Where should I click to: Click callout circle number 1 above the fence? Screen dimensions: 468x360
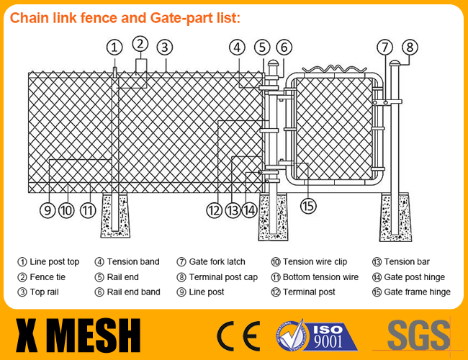(x=114, y=48)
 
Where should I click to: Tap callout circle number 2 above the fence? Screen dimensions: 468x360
(x=140, y=44)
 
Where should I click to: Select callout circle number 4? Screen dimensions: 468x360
(x=237, y=48)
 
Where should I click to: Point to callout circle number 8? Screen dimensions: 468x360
(x=410, y=48)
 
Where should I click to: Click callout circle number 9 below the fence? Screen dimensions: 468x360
(x=48, y=210)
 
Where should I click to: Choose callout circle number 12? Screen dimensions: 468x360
(x=214, y=210)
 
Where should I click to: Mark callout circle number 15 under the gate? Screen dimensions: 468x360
(x=308, y=206)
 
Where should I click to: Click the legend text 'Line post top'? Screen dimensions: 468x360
(x=54, y=262)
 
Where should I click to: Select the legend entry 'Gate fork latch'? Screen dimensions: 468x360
(x=217, y=262)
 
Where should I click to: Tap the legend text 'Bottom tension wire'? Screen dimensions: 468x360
(x=320, y=277)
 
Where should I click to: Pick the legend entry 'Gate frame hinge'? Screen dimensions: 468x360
(x=418, y=292)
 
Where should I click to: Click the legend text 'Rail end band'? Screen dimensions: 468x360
(x=133, y=292)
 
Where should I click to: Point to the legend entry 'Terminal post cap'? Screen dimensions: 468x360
(x=223, y=277)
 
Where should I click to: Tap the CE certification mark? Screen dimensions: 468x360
(x=238, y=336)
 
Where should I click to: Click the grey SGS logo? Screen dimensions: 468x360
(x=419, y=335)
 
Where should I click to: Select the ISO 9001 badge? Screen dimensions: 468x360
(x=316, y=336)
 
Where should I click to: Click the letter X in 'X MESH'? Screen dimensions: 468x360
(x=27, y=336)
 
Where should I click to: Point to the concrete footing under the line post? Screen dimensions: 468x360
(x=115, y=216)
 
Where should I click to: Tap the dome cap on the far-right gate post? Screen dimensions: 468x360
(x=395, y=63)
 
